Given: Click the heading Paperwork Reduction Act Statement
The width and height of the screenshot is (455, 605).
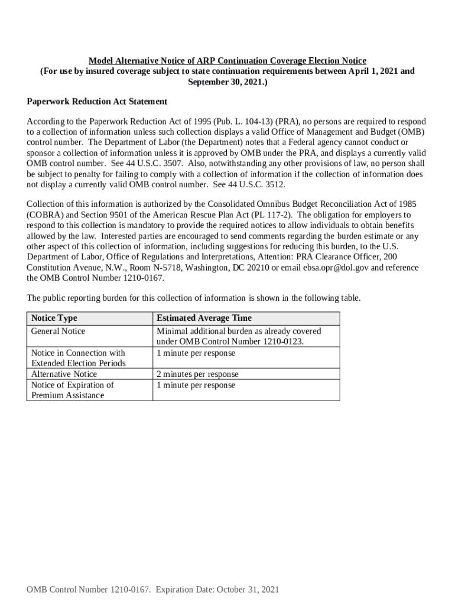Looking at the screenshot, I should pyautogui.click(x=97, y=102).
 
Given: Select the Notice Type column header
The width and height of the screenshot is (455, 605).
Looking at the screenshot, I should pyautogui.click(x=54, y=318).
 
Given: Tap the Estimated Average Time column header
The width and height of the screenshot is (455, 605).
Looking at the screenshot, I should pyautogui.click(x=204, y=318).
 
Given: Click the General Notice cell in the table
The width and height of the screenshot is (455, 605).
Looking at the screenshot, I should pyautogui.click(x=58, y=331).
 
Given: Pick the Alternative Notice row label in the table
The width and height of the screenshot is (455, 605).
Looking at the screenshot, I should pyautogui.click(x=64, y=374).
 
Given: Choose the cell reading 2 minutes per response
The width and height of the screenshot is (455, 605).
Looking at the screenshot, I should pyautogui.click(x=197, y=374).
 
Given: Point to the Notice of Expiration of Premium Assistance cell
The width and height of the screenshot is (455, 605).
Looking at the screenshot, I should pyautogui.click(x=72, y=390).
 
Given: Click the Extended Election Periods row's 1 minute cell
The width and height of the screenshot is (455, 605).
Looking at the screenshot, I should pyautogui.click(x=196, y=353).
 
